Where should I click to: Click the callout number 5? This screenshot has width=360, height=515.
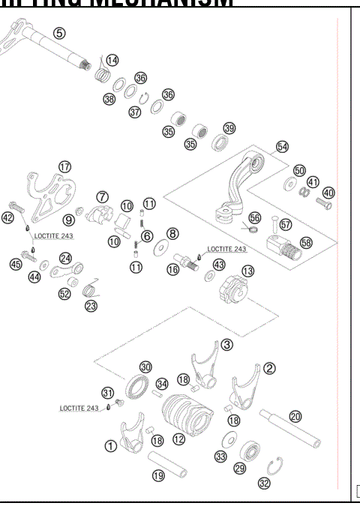click(59, 33)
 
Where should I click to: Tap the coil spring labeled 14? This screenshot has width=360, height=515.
click(101, 73)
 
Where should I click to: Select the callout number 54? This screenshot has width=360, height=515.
click(282, 147)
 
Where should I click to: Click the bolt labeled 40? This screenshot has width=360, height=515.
click(323, 202)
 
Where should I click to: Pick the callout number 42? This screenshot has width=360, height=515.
click(7, 218)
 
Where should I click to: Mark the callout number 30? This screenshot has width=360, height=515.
click(145, 367)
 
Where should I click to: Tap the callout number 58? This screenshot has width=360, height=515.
click(306, 243)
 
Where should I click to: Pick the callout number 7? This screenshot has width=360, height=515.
click(103, 196)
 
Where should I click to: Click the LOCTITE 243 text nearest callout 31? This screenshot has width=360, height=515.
click(79, 409)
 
